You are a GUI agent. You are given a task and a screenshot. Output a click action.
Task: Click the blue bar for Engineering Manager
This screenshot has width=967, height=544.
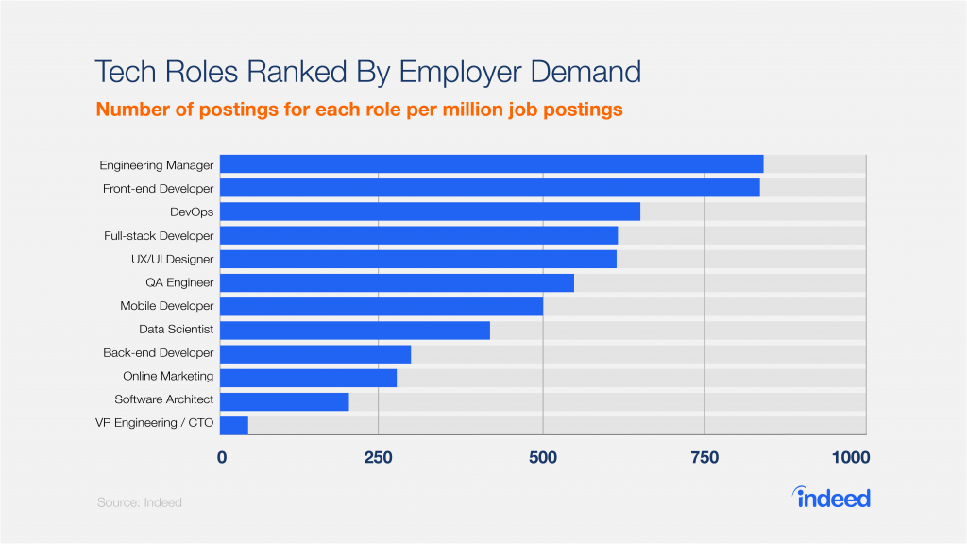(x=491, y=164)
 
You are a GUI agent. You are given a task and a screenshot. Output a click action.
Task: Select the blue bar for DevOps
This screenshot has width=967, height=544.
(x=430, y=212)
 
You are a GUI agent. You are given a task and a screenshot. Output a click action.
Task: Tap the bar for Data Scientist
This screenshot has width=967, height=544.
(x=355, y=330)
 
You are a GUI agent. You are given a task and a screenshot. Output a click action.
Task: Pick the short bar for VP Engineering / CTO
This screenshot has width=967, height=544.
(x=234, y=425)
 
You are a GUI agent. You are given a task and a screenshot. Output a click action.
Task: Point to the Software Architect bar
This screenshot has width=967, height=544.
(x=284, y=401)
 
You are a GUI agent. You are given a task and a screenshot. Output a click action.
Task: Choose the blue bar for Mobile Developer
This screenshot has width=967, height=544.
(x=382, y=306)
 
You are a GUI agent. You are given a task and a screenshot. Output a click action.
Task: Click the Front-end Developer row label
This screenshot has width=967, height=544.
(x=158, y=189)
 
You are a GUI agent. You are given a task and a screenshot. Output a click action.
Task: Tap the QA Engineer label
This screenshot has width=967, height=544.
(x=179, y=282)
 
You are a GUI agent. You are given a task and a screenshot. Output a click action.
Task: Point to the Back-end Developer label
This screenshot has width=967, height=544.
(x=158, y=353)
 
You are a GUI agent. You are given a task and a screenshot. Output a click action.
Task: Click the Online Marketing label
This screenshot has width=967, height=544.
(x=168, y=377)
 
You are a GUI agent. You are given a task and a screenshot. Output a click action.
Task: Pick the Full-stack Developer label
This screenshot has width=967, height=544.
(x=158, y=235)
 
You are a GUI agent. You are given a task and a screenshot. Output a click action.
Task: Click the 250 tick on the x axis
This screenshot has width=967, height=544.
(x=378, y=458)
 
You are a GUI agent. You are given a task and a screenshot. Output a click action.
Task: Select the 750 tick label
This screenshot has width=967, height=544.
(x=704, y=458)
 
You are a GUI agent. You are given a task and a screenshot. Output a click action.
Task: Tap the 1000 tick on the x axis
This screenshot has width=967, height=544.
(x=850, y=458)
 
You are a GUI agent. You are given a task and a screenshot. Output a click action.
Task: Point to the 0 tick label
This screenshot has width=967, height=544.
(x=222, y=458)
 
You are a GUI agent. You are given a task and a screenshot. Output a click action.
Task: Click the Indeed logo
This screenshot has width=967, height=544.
(x=831, y=497)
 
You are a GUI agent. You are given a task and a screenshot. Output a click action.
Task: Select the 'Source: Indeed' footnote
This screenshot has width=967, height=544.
(x=140, y=502)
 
